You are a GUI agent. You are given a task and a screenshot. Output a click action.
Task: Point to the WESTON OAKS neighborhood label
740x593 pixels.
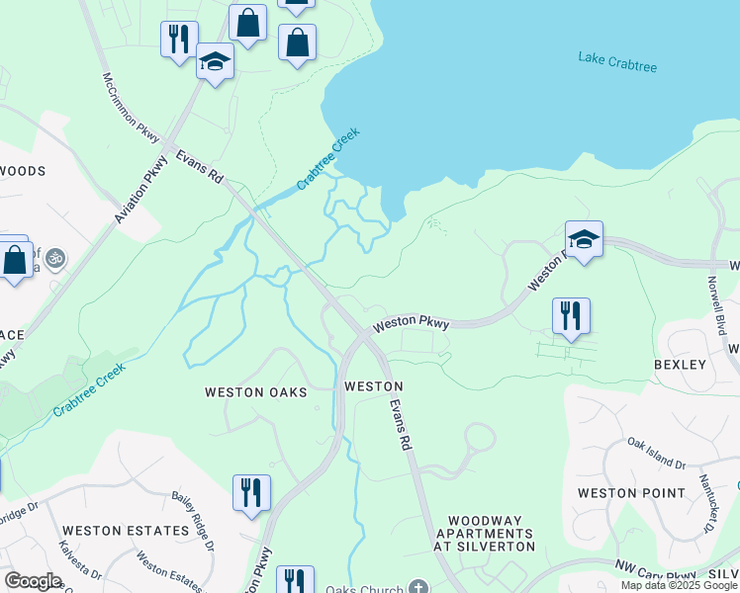255,392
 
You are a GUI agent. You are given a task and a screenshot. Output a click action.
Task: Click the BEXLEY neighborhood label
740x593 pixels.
680,365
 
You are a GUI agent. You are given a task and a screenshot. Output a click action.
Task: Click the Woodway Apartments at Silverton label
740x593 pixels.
491,533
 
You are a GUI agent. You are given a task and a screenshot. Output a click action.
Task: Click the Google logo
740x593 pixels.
33,581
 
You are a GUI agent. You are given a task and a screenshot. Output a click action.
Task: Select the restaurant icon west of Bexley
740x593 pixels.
571,316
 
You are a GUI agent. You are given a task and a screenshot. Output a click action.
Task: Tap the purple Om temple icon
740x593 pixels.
54,259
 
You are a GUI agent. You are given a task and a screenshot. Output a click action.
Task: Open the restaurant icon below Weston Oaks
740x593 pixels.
251,492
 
